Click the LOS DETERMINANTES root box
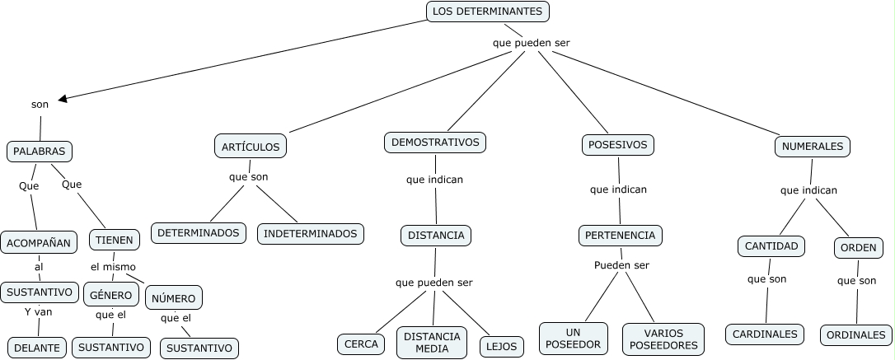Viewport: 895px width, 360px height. point(488,12)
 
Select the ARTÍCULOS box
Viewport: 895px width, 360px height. point(251,147)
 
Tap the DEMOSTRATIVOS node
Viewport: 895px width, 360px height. point(435,143)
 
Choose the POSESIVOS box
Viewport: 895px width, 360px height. point(618,145)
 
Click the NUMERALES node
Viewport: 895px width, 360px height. point(813,147)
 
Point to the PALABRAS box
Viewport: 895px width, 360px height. point(40,152)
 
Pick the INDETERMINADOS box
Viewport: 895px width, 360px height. point(311,233)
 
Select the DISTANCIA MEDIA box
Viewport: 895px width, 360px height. point(432,342)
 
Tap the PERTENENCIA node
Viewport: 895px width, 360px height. point(620,235)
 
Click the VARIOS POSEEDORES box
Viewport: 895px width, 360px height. point(663,339)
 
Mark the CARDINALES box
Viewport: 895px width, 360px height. point(766,334)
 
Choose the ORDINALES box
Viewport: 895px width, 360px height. point(856,335)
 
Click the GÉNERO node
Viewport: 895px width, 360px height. point(110,294)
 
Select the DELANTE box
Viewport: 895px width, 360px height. point(37,348)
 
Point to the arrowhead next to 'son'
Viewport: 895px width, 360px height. point(63,99)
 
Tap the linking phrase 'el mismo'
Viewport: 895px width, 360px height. point(113,267)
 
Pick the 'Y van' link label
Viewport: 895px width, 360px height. point(38,311)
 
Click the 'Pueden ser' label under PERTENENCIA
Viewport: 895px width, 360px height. point(621,265)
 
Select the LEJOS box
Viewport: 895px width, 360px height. point(502,346)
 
